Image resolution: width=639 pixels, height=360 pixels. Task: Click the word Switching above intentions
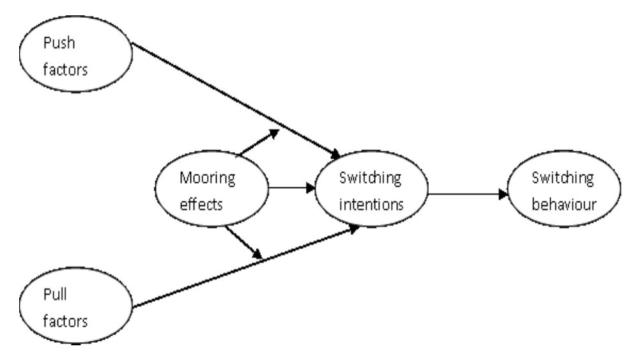(x=370, y=178)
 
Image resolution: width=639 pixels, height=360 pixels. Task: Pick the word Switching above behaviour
(x=562, y=178)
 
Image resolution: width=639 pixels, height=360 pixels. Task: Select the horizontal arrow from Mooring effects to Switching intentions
(x=291, y=189)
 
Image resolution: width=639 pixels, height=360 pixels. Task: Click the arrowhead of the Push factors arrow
(x=335, y=154)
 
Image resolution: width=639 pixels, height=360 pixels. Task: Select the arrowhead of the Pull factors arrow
(x=351, y=228)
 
